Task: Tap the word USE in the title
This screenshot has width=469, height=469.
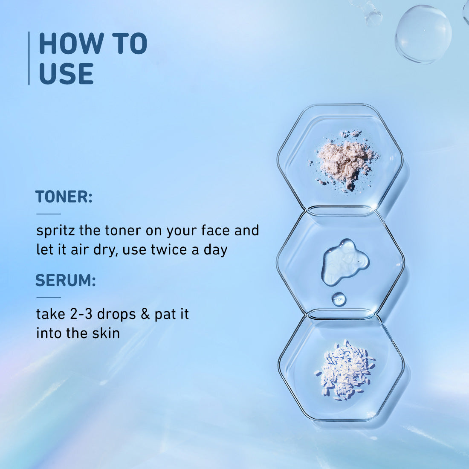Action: (66, 74)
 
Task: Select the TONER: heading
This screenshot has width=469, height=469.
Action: (64, 197)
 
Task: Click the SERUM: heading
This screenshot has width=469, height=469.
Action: (65, 281)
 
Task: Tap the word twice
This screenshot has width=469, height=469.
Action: (168, 249)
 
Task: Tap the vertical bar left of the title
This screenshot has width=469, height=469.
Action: (29, 58)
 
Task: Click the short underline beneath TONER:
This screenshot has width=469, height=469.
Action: (49, 214)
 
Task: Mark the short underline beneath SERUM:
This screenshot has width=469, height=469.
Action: (49, 298)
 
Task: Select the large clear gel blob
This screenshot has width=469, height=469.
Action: (344, 261)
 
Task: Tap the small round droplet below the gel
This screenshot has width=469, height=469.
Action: (339, 299)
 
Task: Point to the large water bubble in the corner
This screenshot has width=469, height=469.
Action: (423, 34)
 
